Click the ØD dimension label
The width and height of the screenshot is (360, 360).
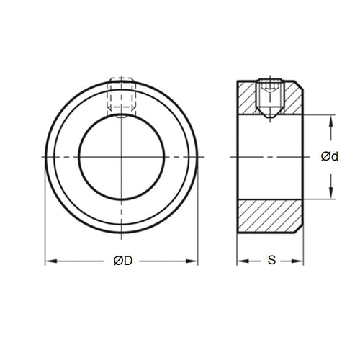122,261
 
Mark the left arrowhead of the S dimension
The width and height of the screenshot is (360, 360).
240,261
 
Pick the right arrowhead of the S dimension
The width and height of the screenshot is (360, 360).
305,261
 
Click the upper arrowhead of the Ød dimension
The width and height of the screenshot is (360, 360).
331,119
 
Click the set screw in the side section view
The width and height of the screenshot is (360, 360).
271,95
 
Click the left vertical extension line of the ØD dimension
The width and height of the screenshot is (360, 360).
45,216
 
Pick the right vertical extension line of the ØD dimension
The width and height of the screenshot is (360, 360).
198,216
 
